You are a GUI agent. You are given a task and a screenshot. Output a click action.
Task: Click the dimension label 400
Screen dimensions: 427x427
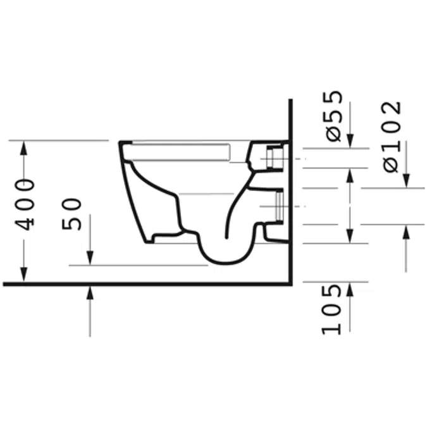(25, 204)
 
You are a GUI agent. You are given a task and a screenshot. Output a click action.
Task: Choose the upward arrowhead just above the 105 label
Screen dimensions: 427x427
(350, 288)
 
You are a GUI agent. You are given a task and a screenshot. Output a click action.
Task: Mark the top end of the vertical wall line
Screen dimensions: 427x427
(289, 101)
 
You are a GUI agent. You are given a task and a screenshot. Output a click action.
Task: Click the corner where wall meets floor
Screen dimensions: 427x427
(289, 283)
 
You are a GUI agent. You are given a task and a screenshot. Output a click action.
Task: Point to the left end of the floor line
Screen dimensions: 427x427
(4, 283)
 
